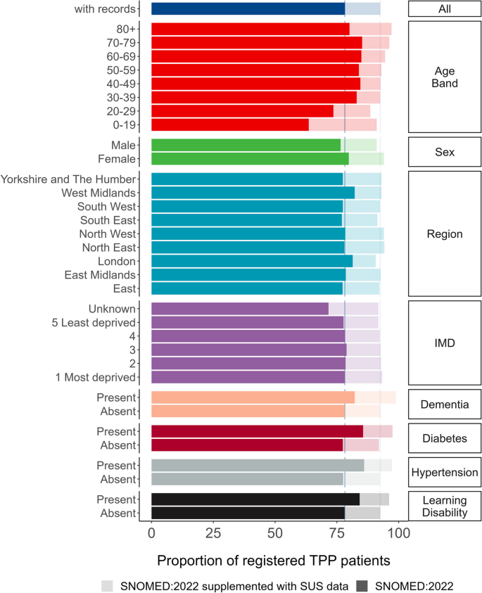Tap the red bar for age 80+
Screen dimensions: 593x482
[x=250, y=29]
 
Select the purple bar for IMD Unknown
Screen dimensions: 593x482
[x=240, y=309]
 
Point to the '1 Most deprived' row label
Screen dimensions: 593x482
[x=95, y=377]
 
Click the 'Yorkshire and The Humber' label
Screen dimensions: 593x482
[x=68, y=179]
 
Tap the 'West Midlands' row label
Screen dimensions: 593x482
[x=98, y=193]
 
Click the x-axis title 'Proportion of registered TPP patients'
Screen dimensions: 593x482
[x=274, y=561]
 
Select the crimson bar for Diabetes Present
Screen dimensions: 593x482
[x=257, y=431]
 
